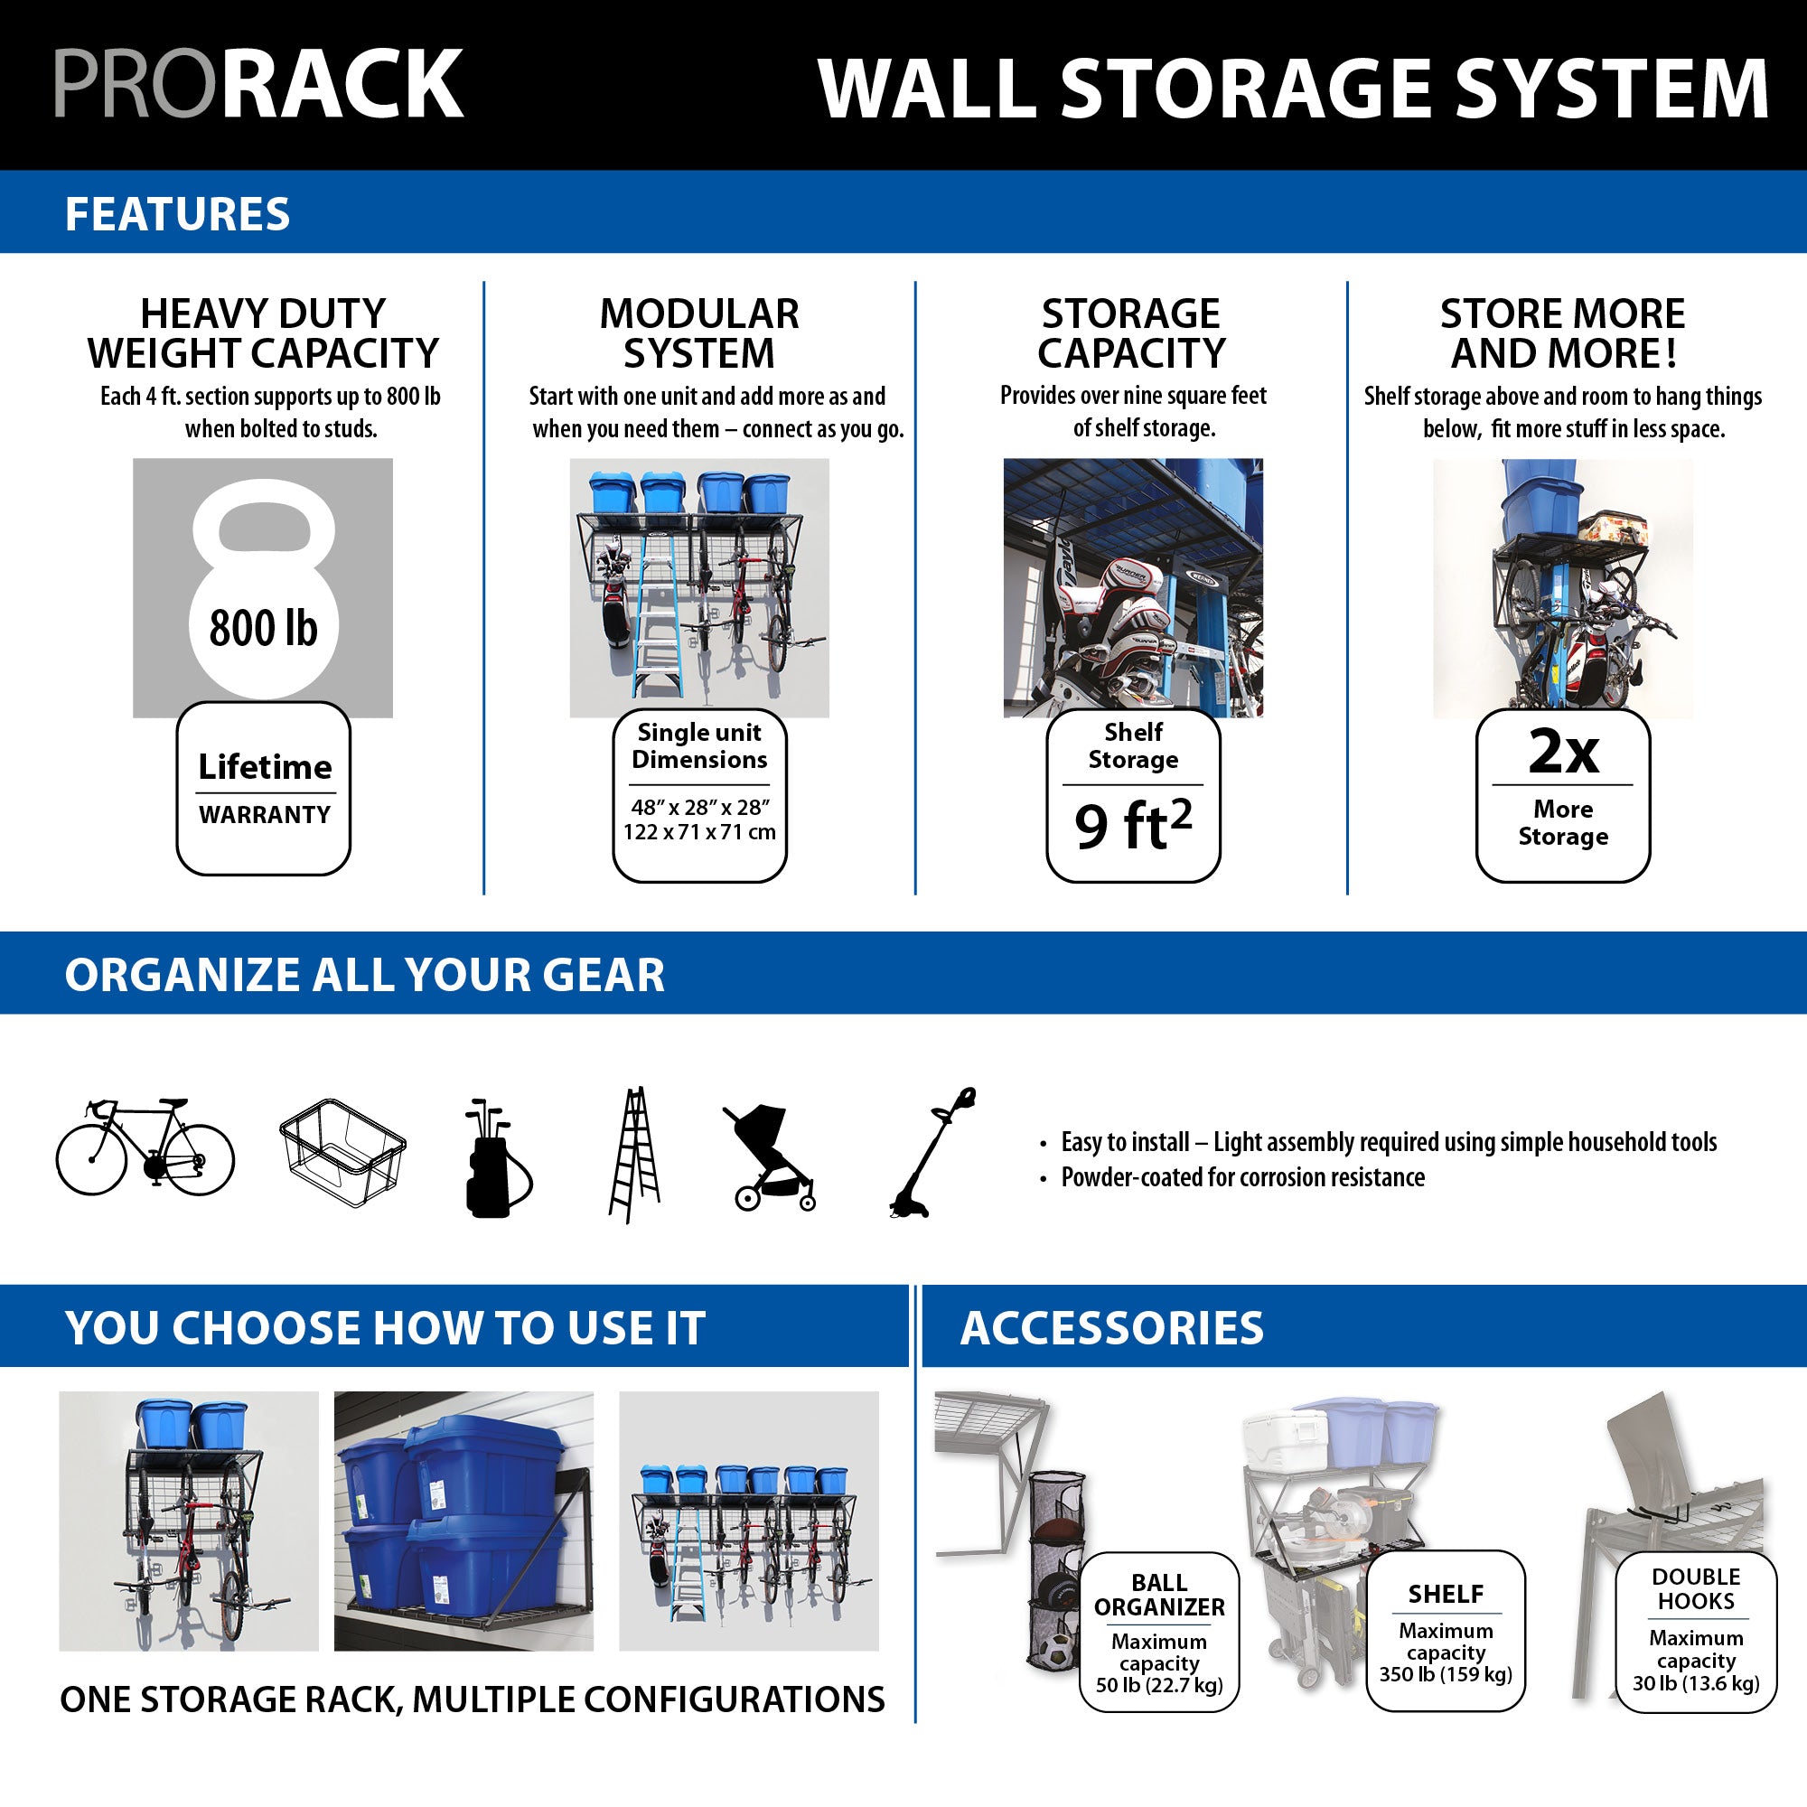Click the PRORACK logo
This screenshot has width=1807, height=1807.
[258, 84]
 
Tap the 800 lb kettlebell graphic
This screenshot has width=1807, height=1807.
[263, 589]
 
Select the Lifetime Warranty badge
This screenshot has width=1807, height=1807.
[264, 789]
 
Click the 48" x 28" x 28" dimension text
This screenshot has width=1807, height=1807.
[699, 806]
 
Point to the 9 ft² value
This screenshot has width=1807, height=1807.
[1133, 825]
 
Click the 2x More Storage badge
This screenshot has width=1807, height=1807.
[1562, 795]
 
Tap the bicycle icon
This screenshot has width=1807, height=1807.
[145, 1147]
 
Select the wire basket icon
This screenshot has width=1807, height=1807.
[342, 1152]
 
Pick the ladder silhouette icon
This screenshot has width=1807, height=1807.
[635, 1155]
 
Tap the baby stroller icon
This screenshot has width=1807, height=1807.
[770, 1157]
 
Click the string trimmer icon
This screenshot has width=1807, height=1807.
[932, 1152]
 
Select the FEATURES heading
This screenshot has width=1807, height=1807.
[178, 213]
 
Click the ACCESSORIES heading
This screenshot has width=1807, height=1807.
[1111, 1327]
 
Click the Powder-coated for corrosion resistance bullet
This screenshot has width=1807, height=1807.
[1242, 1176]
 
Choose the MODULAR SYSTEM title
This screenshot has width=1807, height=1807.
[698, 333]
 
